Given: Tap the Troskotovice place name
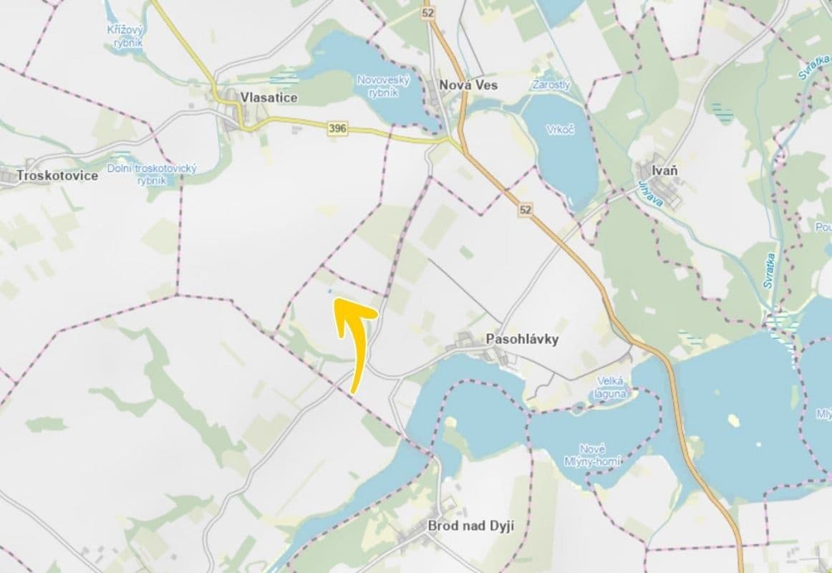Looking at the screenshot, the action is (x=57, y=175).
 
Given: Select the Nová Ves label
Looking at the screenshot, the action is (x=468, y=85).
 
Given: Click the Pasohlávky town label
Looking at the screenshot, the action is (x=521, y=340).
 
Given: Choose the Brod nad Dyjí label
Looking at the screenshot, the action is (x=471, y=526).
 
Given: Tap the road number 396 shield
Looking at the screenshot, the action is (x=337, y=129).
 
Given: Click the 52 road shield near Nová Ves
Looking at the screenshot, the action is (x=428, y=13).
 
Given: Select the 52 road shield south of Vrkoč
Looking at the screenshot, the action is (x=526, y=209).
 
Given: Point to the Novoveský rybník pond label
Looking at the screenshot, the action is (x=382, y=86).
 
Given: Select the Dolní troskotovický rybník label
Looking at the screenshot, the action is (x=152, y=175).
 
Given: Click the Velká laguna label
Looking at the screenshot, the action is (x=610, y=387).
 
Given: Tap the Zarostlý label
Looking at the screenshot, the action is (x=551, y=85).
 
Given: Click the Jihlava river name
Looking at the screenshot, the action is (x=651, y=193).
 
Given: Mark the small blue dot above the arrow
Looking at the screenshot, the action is (x=329, y=292).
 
